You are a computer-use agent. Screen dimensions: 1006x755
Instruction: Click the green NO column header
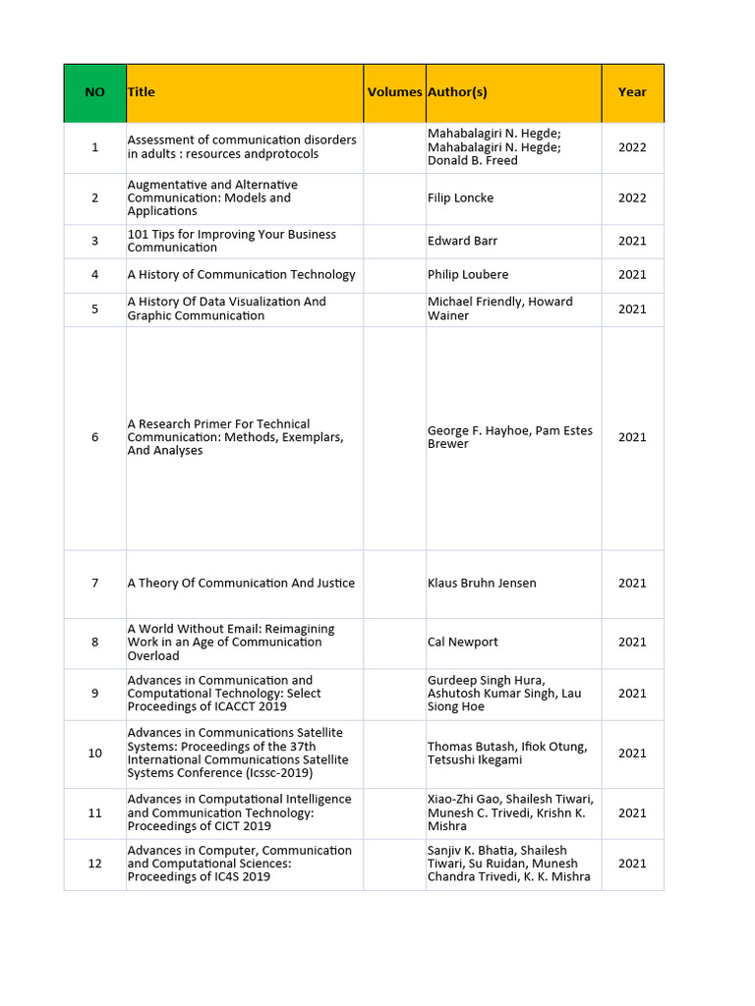point(94,92)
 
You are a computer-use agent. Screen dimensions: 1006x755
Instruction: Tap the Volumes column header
point(394,92)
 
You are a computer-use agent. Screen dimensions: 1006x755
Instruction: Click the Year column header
point(632,92)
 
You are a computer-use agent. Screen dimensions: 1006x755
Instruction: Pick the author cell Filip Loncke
point(460,197)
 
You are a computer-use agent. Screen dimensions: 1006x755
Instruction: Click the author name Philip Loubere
point(468,275)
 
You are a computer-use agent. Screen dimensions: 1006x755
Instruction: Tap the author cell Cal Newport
point(462,643)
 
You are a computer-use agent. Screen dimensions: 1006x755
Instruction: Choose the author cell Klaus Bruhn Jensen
point(482,584)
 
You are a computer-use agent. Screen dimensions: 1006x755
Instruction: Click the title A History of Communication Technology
point(241,275)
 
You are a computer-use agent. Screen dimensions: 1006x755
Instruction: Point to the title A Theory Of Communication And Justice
point(241,584)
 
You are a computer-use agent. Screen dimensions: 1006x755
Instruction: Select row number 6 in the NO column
point(94,437)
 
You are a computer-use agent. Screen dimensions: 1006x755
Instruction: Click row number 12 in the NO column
point(94,864)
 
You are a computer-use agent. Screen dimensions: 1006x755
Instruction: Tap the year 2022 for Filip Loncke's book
point(632,197)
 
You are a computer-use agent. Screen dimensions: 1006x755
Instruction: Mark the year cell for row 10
point(632,754)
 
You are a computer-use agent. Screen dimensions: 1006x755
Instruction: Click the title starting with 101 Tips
point(232,241)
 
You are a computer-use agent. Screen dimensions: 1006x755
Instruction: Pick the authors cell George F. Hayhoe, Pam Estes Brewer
point(509,437)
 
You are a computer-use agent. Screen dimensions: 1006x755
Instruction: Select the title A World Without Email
point(231,643)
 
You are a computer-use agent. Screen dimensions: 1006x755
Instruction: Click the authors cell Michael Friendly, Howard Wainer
point(499,308)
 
